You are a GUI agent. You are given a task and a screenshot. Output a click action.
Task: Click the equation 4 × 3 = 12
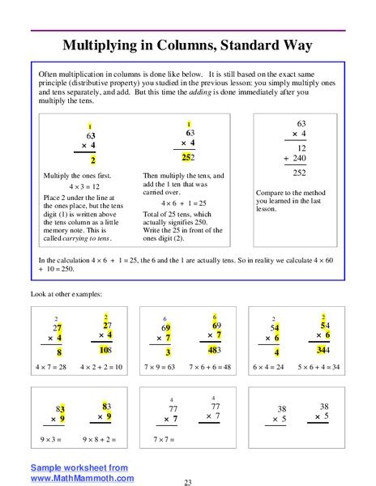pos(83,186)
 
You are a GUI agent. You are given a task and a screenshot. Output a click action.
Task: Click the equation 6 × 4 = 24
pos(278,367)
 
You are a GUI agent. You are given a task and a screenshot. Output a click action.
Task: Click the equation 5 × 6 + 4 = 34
pos(326,367)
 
